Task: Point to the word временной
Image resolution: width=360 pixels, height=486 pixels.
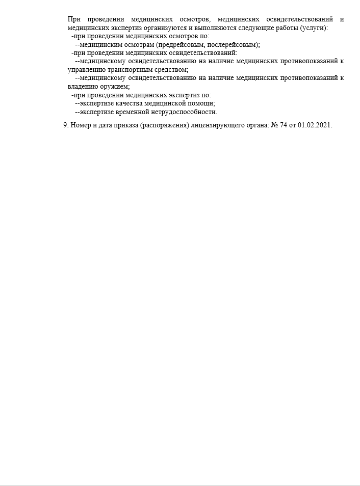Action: [134, 112]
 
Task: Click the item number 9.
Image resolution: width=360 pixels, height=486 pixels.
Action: [66, 126]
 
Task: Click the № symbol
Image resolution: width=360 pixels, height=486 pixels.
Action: [274, 126]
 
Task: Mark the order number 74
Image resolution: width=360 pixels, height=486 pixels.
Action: [284, 126]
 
